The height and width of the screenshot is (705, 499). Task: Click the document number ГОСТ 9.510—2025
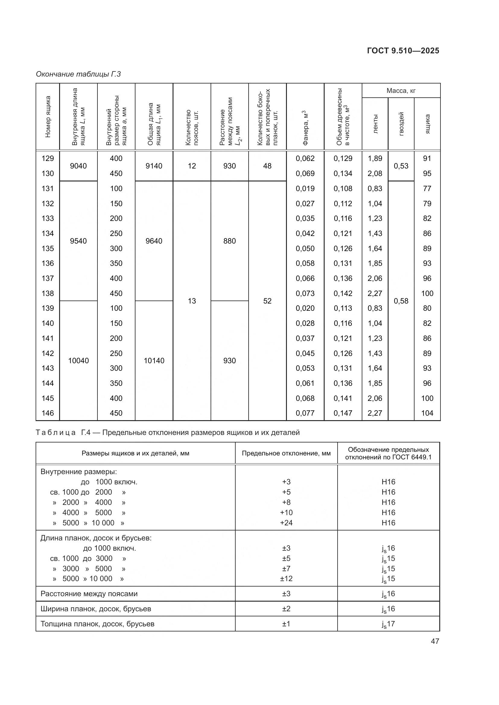tap(403, 51)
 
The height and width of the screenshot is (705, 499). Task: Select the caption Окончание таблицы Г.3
tap(78, 74)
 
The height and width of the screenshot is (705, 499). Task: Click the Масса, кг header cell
tap(401, 91)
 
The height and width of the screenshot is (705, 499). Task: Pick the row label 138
tap(48, 293)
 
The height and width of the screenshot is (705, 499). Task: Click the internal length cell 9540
tap(78, 241)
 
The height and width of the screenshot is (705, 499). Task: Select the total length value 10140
tap(154, 360)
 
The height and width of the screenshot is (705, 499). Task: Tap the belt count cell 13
tap(192, 301)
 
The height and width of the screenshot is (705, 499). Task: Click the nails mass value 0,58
tap(401, 301)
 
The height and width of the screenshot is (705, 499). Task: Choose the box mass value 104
tap(427, 413)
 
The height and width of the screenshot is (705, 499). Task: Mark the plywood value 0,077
tap(305, 413)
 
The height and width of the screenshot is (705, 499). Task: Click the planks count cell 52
tap(267, 301)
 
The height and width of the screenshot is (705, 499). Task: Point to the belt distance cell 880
tap(230, 241)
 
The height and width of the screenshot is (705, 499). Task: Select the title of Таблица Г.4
tap(167, 433)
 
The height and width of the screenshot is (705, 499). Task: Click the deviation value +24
tap(286, 523)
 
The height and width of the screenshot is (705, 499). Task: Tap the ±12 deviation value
tap(286, 578)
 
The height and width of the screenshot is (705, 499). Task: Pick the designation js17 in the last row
tap(388, 624)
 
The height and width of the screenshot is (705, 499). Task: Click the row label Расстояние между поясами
tap(89, 593)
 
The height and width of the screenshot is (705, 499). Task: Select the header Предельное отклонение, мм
tap(286, 453)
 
